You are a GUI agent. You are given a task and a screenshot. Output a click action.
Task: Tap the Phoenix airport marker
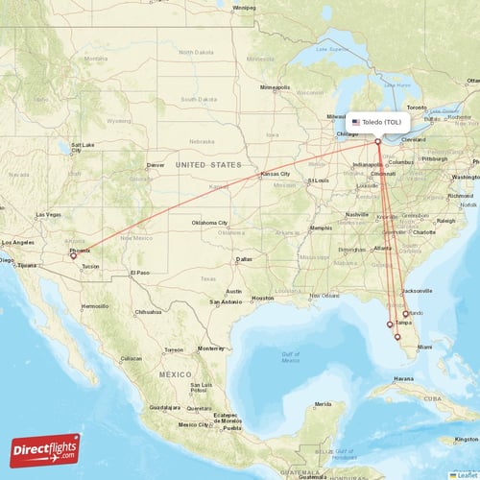coord(73,256)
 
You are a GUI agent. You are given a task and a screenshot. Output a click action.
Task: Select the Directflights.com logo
coord(45,449)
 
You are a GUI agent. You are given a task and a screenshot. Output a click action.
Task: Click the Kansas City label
coord(275,174)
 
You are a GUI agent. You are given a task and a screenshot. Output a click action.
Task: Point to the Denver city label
coord(156,165)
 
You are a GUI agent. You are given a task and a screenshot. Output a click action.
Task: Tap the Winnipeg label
coord(244,8)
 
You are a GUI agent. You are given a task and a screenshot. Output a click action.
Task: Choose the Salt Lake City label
coord(82,147)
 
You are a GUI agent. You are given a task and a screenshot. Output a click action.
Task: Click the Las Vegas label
coord(48,214)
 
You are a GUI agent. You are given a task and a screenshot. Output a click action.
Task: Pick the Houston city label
coord(262,299)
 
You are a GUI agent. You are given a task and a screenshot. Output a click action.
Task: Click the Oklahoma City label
coord(209,223)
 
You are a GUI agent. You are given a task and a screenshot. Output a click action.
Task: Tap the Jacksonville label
coord(418,290)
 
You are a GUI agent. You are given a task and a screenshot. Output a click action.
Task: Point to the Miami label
coord(424,346)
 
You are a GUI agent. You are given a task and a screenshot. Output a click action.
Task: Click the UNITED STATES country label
coord(209,165)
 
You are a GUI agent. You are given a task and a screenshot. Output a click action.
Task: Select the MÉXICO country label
coord(176,373)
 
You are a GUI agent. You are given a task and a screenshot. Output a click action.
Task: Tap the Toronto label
coord(417,107)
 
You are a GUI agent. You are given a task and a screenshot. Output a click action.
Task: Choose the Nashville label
coord(357,214)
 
